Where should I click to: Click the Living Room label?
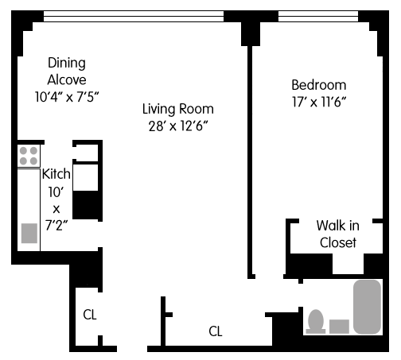pyautogui.click(x=178, y=110)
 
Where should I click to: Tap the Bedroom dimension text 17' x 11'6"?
pyautogui.click(x=319, y=102)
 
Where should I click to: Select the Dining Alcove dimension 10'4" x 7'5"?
pyautogui.click(x=67, y=97)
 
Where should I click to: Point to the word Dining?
pyautogui.click(x=67, y=64)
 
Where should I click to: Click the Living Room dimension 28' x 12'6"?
pyautogui.click(x=178, y=126)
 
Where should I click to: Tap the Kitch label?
pyautogui.click(x=56, y=174)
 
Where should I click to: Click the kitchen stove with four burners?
pyautogui.click(x=29, y=156)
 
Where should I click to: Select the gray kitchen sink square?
pyautogui.click(x=29, y=233)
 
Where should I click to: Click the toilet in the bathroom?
pyautogui.click(x=316, y=322)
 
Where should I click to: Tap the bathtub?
pyautogui.click(x=368, y=307)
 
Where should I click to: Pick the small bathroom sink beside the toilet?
pyautogui.click(x=339, y=327)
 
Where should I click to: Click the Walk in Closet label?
pyautogui.click(x=338, y=234)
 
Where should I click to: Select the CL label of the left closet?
pyautogui.click(x=90, y=315)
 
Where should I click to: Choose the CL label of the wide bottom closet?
pyautogui.click(x=216, y=331)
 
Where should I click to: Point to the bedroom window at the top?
pyautogui.click(x=318, y=16)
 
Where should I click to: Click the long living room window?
pyautogui.click(x=134, y=16)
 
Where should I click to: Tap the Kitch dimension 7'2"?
pyautogui.click(x=56, y=226)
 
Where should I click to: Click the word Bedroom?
pyautogui.click(x=319, y=85)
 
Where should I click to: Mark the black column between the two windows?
pyautogui.click(x=251, y=29)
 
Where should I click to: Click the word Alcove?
pyautogui.click(x=67, y=79)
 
